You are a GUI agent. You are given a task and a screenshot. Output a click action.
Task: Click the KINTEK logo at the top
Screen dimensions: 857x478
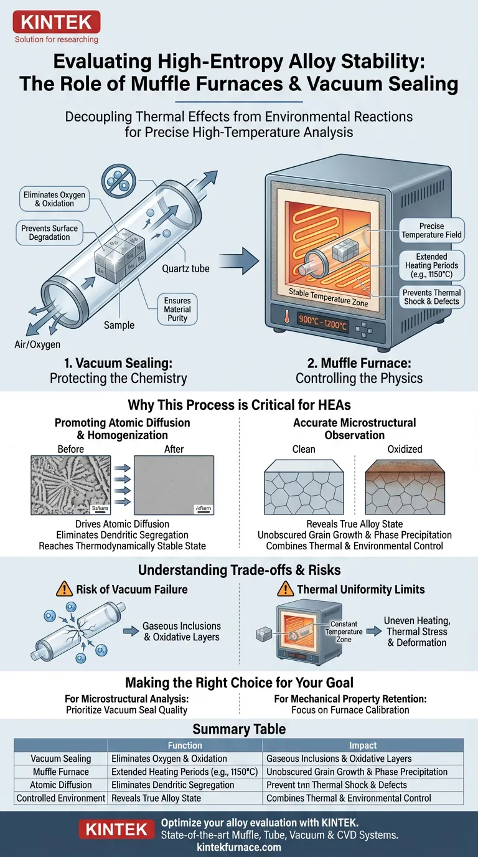(x=57, y=24)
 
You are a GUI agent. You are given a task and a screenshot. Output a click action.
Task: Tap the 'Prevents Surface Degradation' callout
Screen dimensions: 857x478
(x=49, y=232)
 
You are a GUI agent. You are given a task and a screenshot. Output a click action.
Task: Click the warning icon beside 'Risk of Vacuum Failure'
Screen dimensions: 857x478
(x=65, y=589)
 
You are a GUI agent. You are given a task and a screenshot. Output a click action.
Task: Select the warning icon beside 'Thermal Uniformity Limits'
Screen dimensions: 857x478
(x=286, y=589)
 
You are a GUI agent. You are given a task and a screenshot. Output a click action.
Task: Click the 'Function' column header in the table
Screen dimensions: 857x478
(x=185, y=745)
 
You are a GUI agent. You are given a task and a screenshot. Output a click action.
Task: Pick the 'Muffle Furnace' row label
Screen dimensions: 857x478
(x=61, y=772)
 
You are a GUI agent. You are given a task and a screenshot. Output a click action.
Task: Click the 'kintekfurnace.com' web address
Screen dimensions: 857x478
(x=239, y=847)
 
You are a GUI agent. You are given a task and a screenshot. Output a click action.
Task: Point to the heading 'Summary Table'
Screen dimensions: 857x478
(x=239, y=729)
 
